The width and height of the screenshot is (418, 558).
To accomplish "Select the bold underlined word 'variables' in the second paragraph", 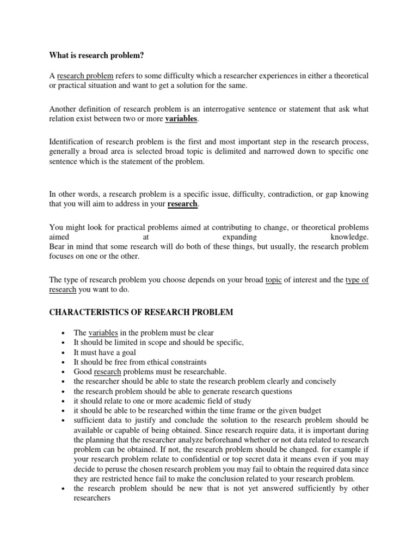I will pos(182,119).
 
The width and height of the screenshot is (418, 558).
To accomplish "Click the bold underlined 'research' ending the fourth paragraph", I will pos(183,204).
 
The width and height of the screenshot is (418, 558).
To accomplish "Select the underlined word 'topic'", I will pos(273,280).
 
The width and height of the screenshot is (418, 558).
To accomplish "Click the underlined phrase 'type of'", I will pos(357,280).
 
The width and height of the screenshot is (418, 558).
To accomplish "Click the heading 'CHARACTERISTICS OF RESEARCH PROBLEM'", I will pos(141,312).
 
